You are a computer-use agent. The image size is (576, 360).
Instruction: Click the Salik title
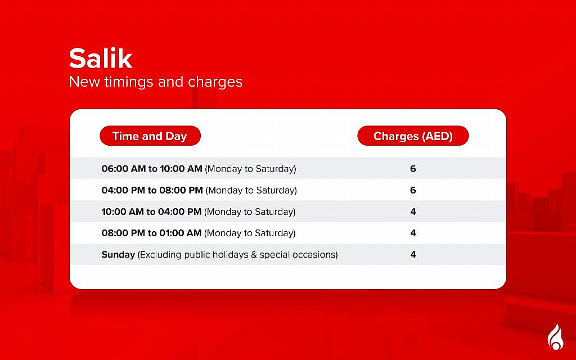[101, 58]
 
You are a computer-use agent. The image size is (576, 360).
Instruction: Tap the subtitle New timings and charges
[155, 82]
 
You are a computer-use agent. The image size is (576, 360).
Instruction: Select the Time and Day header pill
[150, 136]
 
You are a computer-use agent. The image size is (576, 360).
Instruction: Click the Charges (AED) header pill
[413, 136]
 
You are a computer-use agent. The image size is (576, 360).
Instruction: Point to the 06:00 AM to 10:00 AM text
[151, 169]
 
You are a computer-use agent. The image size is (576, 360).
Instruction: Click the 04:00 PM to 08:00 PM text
[152, 190]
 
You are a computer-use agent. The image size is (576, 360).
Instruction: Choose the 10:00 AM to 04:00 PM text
[151, 212]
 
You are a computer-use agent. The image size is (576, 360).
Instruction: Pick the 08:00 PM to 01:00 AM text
[151, 233]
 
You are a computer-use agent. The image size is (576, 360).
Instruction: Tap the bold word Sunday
[118, 255]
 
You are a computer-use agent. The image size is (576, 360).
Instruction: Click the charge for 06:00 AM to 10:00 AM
[413, 169]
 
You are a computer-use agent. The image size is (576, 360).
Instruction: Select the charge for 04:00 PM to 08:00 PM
[413, 190]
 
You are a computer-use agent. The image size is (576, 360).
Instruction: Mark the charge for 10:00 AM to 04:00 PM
[413, 212]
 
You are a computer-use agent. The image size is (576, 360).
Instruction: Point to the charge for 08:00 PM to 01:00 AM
[413, 233]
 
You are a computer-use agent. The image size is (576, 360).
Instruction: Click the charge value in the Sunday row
[413, 255]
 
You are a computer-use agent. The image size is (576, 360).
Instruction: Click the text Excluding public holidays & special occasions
[238, 255]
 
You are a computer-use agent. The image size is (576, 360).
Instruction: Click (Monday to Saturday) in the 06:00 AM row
[250, 169]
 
